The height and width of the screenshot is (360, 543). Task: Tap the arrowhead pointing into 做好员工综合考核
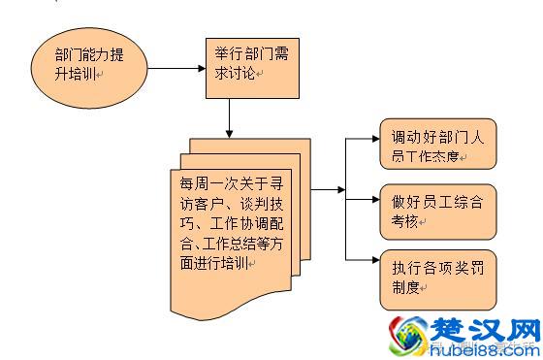tap(372, 201)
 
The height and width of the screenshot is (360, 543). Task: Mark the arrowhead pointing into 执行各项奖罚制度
tap(372, 261)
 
